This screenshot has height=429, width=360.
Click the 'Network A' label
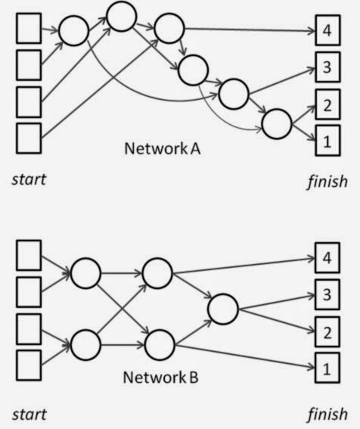coord(161,148)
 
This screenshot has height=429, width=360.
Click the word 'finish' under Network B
coord(327,414)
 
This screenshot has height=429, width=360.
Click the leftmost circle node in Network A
coord(74,32)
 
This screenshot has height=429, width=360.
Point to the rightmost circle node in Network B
coord(222,309)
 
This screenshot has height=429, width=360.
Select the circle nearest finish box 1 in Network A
coord(275,121)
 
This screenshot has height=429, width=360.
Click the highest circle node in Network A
coord(121,14)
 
